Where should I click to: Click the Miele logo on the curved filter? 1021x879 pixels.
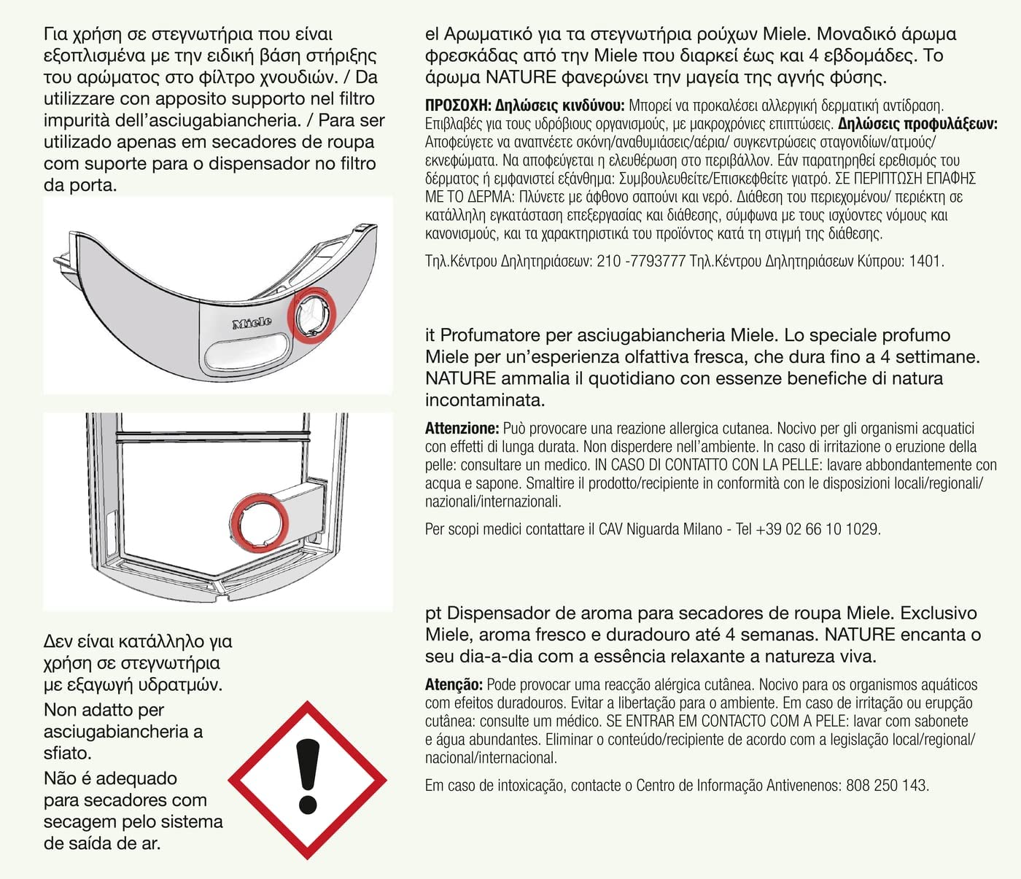pyautogui.click(x=252, y=323)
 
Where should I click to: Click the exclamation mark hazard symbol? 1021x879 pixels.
pyautogui.click(x=308, y=780)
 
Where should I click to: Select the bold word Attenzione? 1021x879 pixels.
pyautogui.click(x=462, y=429)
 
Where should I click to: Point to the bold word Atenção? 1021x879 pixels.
pyautogui.click(x=454, y=685)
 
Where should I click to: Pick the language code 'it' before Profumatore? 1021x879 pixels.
pyautogui.click(x=430, y=335)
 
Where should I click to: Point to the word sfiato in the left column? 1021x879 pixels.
pyautogui.click(x=67, y=753)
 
